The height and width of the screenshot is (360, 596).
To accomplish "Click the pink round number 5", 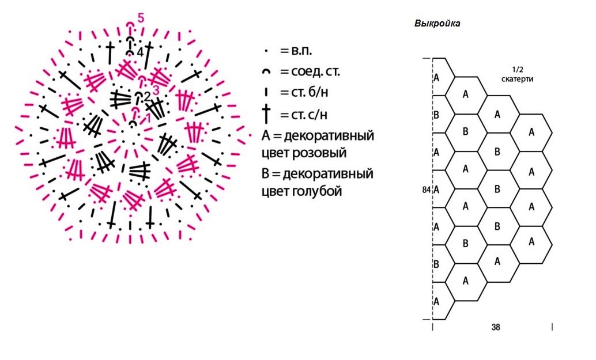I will tap(141, 18).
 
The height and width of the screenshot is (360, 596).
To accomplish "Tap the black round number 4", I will tap(140, 52).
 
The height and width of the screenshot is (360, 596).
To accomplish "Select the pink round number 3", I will tap(155, 89).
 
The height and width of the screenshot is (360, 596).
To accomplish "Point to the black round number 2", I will tap(147, 96).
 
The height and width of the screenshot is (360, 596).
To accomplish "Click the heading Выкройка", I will tap(437, 24).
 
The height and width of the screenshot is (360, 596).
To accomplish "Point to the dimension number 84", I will tap(427, 189).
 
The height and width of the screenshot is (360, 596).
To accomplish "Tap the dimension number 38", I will tap(496, 327).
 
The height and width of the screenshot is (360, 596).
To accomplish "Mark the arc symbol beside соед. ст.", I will tap(267, 73).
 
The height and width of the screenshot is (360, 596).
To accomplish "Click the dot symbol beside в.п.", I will tap(267, 51).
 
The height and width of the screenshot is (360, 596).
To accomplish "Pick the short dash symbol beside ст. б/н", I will tap(267, 93).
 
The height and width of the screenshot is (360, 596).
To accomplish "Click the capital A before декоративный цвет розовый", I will tap(266, 137).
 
